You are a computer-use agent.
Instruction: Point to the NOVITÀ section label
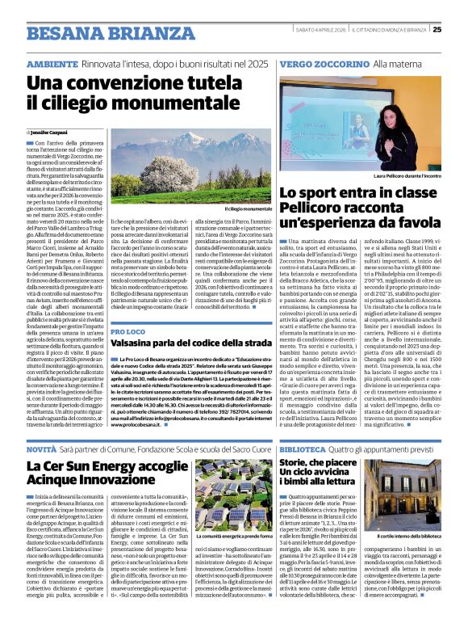click(41, 447)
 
